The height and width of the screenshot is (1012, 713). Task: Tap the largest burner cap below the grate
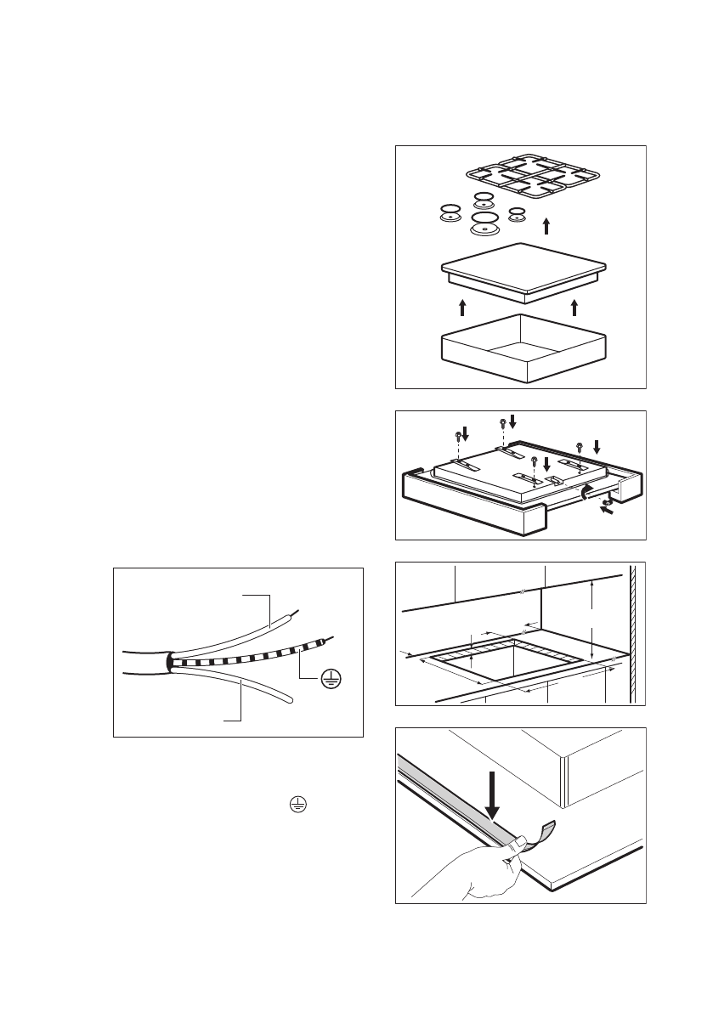tap(484, 225)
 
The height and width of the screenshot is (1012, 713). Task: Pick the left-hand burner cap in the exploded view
tap(450, 212)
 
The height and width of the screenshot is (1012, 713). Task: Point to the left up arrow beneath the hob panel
tap(461, 308)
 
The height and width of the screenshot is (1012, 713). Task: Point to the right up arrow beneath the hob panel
tap(574, 308)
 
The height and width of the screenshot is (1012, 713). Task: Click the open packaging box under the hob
tap(523, 348)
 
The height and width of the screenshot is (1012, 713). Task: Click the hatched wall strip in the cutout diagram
tap(633, 633)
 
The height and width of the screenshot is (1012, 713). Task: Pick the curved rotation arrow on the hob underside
tap(586, 491)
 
